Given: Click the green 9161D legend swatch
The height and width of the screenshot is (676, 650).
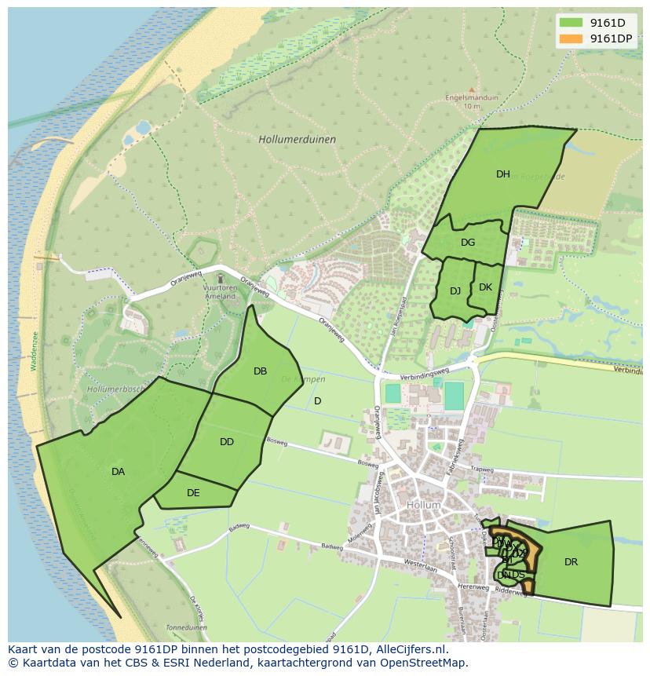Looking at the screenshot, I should coord(571,22).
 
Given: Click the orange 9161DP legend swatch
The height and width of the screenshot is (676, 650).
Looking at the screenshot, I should coord(571,38).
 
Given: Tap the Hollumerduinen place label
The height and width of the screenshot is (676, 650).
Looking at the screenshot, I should coord(297,139).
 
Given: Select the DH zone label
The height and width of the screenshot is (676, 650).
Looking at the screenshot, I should coord(502,174).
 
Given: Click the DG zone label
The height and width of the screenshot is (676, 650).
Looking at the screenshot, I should coord(468,243).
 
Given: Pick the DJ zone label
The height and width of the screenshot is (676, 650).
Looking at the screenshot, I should coord(455,291).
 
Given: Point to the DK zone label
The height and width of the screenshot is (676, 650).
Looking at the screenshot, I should coord(485,287).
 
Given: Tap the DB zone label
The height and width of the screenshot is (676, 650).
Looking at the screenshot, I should coord(260,371).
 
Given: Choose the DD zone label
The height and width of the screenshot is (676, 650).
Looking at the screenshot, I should coord(227,442).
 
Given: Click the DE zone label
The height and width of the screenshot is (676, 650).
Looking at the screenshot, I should coord(193,493).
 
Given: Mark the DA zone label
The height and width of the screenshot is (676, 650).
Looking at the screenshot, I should coord(118,472).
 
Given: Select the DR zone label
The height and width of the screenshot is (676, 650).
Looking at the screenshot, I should coord(571,562).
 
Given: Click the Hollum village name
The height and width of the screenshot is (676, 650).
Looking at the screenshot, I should coord(424,505).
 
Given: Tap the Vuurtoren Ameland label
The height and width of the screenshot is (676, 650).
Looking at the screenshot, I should coord(220,291).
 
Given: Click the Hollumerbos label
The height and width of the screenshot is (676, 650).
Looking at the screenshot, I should coord(114,389).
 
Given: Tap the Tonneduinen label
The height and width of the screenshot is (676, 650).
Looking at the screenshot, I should coord(186,628).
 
